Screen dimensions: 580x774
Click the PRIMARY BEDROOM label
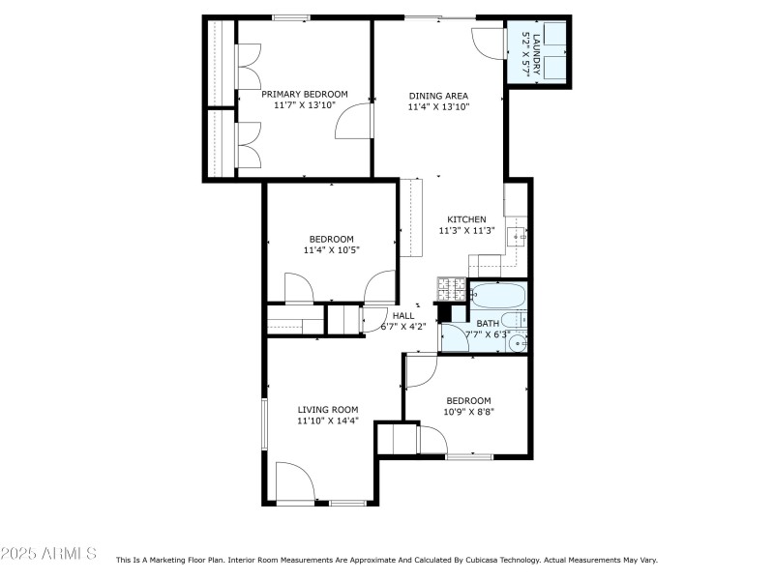click(x=305, y=94)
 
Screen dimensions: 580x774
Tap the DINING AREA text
click(x=438, y=96)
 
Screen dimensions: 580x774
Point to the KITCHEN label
click(x=466, y=219)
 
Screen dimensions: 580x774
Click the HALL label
click(x=403, y=315)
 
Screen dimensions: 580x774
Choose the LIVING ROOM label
click(x=327, y=409)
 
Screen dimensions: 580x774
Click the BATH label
click(x=488, y=324)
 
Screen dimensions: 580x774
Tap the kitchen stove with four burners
click(x=452, y=287)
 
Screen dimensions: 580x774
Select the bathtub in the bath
click(x=497, y=294)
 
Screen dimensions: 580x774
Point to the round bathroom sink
click(x=519, y=341)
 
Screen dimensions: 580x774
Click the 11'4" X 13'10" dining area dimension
click(x=438, y=107)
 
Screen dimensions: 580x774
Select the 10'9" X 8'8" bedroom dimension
click(x=468, y=413)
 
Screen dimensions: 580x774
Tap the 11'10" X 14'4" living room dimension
click(x=327, y=420)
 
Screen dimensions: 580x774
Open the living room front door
click(x=293, y=481)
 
